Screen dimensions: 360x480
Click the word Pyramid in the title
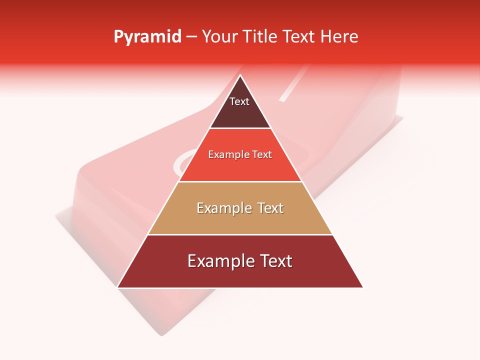[147, 37]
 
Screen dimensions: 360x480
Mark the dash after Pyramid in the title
[191, 37]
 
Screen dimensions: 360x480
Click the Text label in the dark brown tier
[239, 102]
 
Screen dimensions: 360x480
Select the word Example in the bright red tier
[227, 155]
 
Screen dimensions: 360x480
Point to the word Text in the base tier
[274, 261]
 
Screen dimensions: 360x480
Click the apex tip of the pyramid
[240, 75]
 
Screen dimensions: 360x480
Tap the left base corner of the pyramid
[118, 287]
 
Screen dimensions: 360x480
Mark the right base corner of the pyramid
[362, 287]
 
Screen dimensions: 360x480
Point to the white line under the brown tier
[240, 128]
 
